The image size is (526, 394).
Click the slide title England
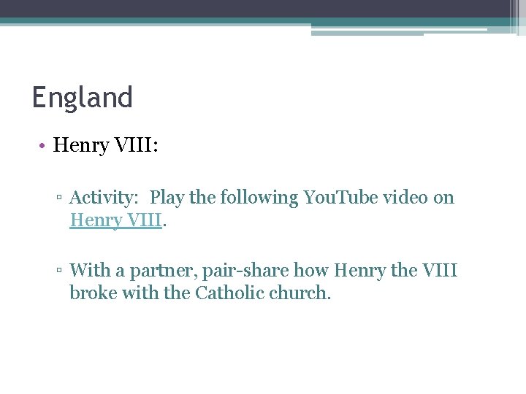(82, 97)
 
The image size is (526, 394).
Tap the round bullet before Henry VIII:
(43, 146)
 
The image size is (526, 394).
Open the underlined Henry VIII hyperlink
(115, 220)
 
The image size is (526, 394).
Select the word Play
(167, 198)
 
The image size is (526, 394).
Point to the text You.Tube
(338, 198)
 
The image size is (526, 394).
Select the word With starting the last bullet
(88, 271)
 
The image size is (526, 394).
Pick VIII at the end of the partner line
(440, 271)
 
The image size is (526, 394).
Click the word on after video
(443, 198)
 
